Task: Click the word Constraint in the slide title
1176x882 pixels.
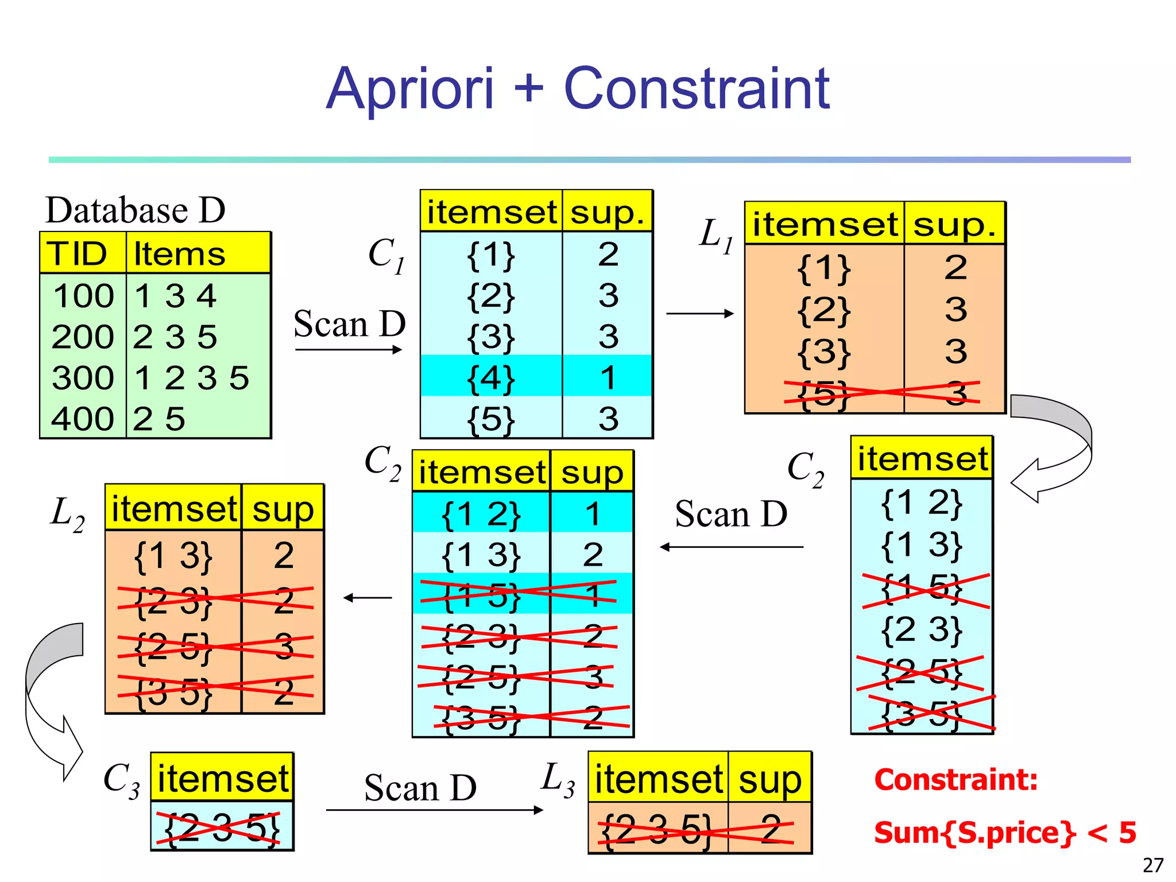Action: [x=696, y=89]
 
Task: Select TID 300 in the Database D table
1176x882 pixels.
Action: [x=83, y=378]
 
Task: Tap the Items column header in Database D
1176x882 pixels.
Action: [x=179, y=254]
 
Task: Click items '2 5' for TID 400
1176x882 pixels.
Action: [x=159, y=419]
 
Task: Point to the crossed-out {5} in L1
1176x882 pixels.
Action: [x=823, y=393]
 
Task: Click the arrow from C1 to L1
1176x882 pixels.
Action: [x=700, y=314]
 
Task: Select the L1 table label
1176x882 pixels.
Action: [x=715, y=235]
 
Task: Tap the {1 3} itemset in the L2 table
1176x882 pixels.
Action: [x=173, y=556]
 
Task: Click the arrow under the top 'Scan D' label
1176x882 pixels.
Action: [x=348, y=350]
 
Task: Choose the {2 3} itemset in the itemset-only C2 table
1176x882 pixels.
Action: [x=921, y=629]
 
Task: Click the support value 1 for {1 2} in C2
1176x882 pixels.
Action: [x=592, y=513]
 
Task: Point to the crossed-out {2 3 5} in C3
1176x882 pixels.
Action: [x=222, y=827]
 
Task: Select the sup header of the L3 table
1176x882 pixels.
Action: [x=769, y=780]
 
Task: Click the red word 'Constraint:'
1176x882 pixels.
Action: [x=955, y=780]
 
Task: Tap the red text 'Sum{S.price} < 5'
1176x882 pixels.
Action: [x=1004, y=832]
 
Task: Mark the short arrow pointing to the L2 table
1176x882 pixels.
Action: [x=367, y=598]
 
